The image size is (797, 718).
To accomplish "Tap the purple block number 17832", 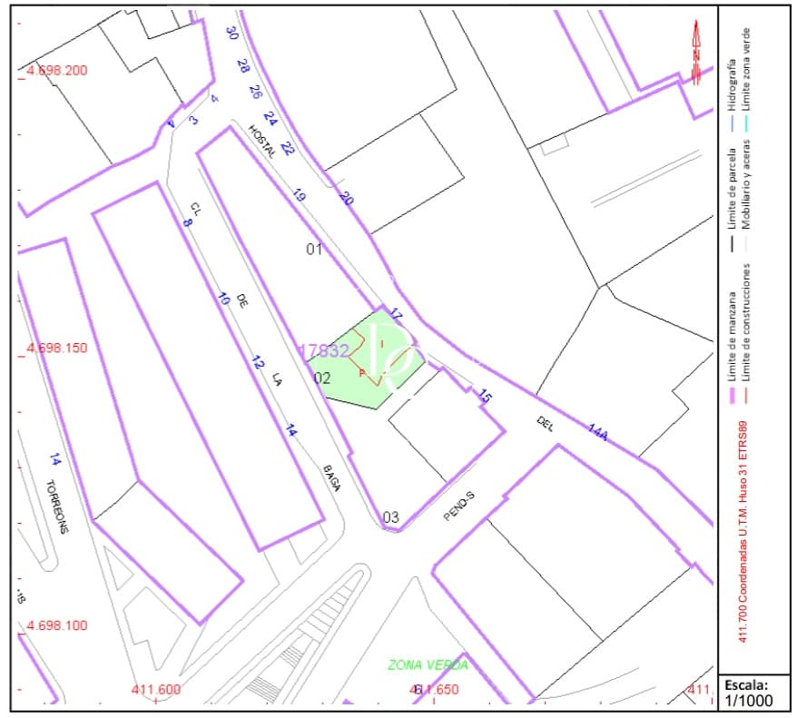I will click(324, 350).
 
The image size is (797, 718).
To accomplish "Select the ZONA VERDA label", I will click(428, 665).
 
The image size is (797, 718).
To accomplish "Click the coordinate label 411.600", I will click(156, 690).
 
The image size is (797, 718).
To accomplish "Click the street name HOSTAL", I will click(261, 142).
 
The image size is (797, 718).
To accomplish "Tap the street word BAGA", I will click(331, 478).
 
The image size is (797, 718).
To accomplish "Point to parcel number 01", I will click(314, 249).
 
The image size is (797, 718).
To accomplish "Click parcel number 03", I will click(390, 517).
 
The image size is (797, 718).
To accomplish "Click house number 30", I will click(231, 34).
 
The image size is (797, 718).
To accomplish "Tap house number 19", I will click(298, 195).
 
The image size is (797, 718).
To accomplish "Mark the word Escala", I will click(745, 684).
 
